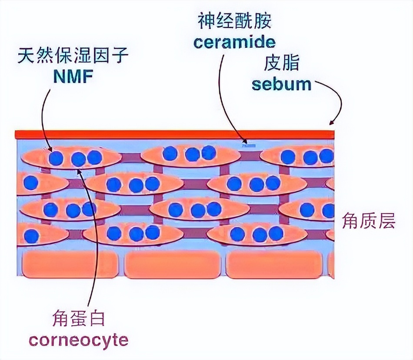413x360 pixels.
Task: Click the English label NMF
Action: (x=73, y=76)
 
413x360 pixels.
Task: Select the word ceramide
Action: (x=235, y=42)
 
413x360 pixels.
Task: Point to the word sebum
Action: (x=282, y=83)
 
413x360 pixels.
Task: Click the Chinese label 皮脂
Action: (x=281, y=64)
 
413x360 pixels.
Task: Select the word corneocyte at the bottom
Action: (x=79, y=339)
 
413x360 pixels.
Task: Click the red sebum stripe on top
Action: (x=174, y=134)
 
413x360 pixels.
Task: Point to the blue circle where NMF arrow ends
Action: (x=56, y=158)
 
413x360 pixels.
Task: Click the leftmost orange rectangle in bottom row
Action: (x=70, y=264)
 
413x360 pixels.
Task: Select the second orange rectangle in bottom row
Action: (x=173, y=264)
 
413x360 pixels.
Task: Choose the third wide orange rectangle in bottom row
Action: (x=274, y=264)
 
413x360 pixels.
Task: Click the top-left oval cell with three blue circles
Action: (x=72, y=158)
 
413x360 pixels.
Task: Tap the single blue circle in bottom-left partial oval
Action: (x=31, y=236)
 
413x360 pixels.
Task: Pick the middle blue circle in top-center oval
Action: (x=192, y=154)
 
